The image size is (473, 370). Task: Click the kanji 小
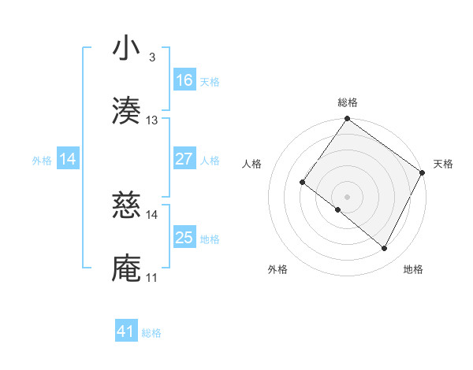click(x=127, y=49)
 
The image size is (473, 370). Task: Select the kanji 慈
click(x=127, y=205)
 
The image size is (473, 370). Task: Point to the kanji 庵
click(x=127, y=268)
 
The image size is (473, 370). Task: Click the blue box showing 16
click(x=184, y=80)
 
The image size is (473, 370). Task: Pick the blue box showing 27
click(x=184, y=159)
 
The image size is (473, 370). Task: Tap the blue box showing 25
click(x=184, y=238)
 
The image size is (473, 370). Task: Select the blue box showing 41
click(x=126, y=331)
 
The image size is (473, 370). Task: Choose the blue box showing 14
click(x=68, y=159)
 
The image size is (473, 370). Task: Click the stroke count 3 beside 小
click(x=151, y=57)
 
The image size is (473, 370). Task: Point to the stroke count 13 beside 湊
click(x=152, y=120)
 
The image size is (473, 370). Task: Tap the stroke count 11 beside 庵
click(x=151, y=278)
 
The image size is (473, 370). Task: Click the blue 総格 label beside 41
click(x=151, y=333)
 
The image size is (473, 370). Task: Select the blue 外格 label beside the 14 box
click(x=42, y=161)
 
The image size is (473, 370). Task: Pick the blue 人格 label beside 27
click(x=210, y=161)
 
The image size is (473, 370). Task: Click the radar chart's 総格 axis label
click(x=347, y=102)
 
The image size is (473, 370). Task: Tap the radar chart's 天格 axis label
click(x=443, y=164)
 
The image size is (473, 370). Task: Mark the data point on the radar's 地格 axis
click(x=385, y=249)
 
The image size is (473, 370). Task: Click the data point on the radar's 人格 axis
click(x=302, y=182)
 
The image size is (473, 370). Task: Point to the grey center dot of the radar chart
click(x=347, y=196)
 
